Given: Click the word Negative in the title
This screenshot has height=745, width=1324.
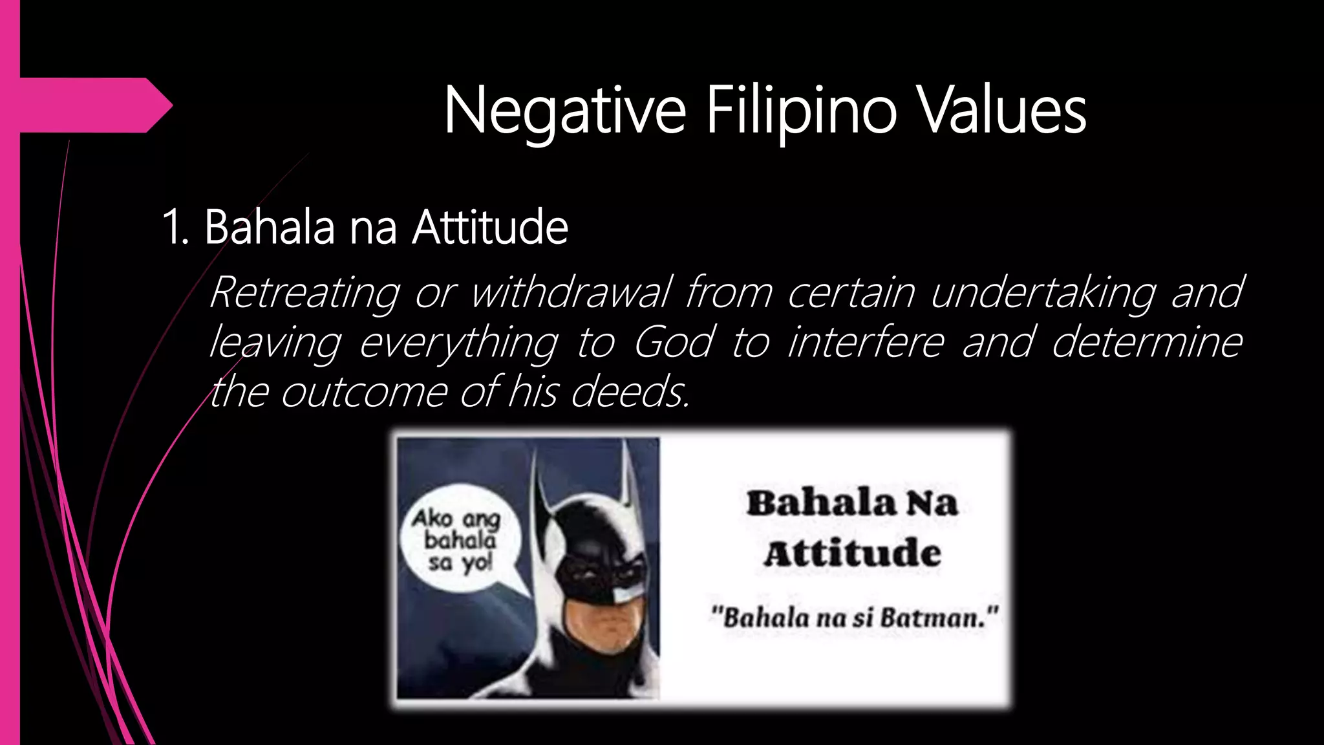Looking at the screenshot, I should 564,111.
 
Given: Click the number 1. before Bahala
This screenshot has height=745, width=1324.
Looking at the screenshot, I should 176,228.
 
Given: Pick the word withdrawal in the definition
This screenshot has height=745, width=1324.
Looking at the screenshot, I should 571,292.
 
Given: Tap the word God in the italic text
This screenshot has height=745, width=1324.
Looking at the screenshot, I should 673,341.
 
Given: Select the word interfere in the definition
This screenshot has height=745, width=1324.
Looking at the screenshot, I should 866,341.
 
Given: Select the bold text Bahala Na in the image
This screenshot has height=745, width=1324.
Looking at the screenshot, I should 852,503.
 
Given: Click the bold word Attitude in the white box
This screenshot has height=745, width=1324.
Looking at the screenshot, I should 852,554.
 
